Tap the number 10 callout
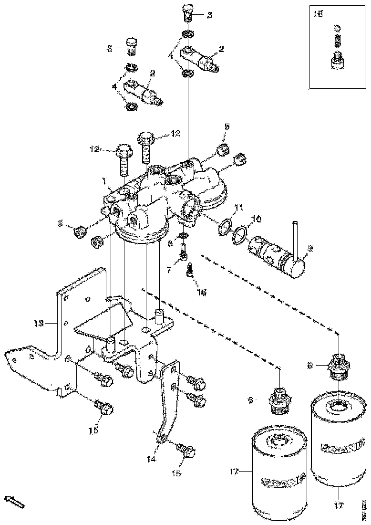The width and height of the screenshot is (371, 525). click(x=257, y=219)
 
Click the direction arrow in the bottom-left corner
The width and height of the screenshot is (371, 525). click(x=14, y=501)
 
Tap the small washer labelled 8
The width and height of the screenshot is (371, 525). click(x=183, y=236)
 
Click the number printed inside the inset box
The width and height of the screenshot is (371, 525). click(x=318, y=14)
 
